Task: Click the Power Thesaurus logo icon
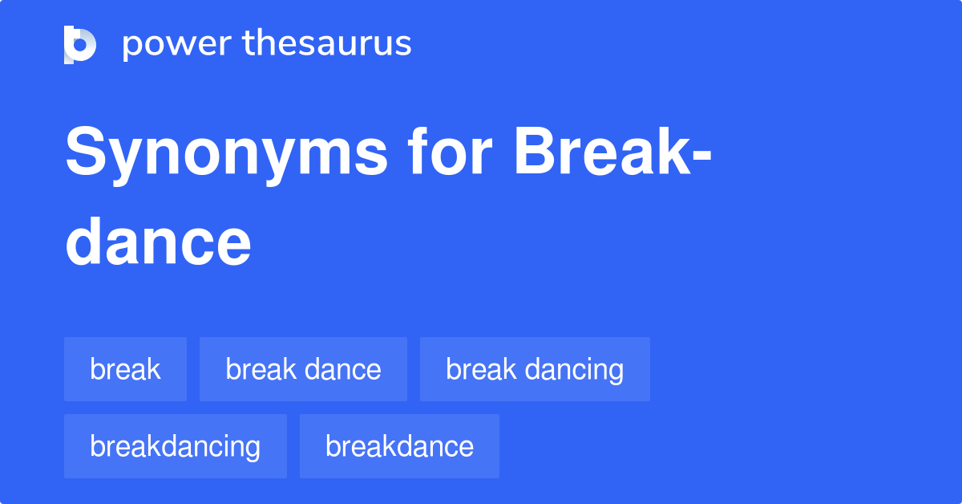click(80, 44)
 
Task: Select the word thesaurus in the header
click(327, 44)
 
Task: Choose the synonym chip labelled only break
click(125, 369)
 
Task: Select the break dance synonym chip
click(303, 369)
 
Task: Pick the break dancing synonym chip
click(535, 369)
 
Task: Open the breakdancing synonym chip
click(175, 446)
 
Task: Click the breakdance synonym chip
click(399, 446)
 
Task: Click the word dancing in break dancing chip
click(574, 370)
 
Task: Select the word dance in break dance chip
click(343, 369)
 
